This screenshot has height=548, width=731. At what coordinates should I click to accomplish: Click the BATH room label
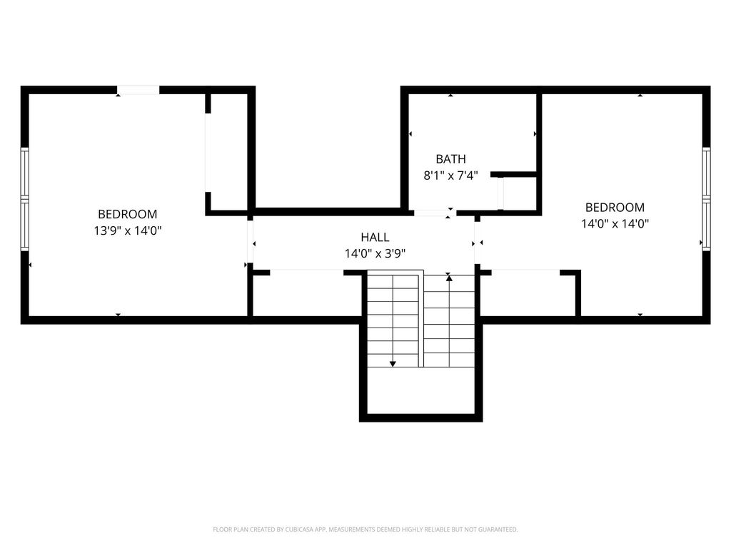(450, 159)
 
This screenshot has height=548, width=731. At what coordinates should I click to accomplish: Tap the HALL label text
(375, 237)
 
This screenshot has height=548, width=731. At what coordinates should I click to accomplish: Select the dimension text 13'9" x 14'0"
(127, 230)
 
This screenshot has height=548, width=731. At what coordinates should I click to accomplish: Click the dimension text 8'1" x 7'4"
(450, 176)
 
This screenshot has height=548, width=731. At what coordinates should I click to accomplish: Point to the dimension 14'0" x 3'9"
(375, 253)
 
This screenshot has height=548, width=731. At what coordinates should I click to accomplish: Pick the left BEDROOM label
(127, 214)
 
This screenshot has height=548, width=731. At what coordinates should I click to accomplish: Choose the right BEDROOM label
(615, 208)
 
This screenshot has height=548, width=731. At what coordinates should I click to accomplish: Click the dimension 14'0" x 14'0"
(615, 223)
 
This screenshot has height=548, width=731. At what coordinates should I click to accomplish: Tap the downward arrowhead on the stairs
(393, 363)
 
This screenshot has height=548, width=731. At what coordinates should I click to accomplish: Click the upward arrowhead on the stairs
(448, 278)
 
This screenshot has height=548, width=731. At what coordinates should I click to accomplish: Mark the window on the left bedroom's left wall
(24, 200)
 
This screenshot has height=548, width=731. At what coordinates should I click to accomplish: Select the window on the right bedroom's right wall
(706, 199)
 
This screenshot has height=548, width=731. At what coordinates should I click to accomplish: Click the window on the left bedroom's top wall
(138, 90)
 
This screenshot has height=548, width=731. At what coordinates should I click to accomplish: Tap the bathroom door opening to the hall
(435, 213)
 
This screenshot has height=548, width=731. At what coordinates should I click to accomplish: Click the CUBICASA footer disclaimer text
(365, 529)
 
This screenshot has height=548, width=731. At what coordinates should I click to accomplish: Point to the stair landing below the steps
(420, 390)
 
